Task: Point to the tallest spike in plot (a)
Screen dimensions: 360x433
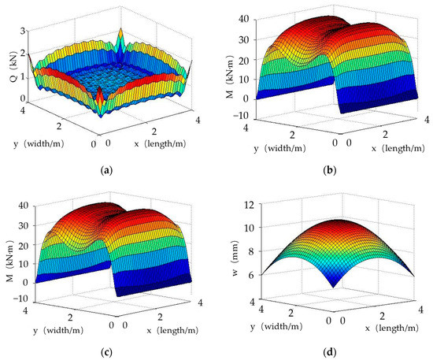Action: click(120, 35)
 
